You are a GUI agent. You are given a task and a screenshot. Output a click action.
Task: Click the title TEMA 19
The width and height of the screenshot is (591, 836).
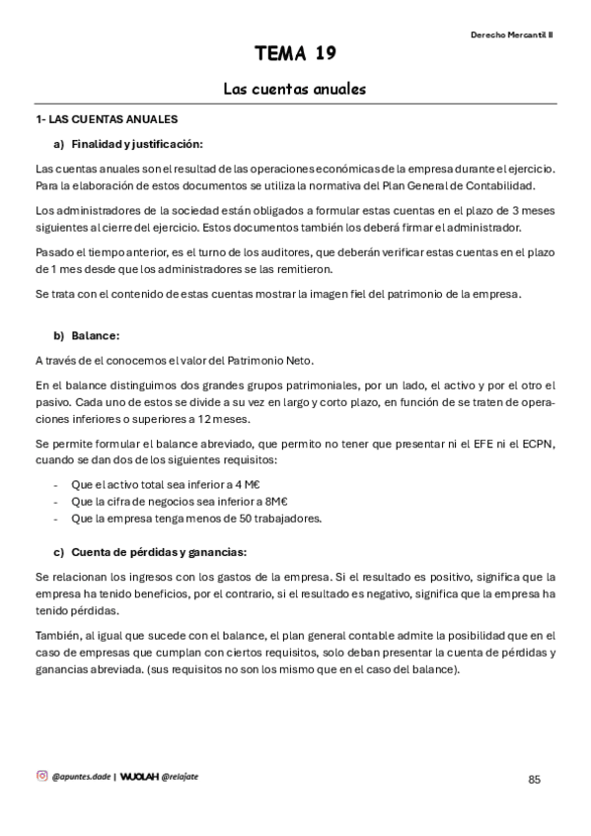pyautogui.click(x=295, y=53)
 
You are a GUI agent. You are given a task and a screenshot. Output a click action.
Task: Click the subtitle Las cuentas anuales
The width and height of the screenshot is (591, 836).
pyautogui.click(x=295, y=89)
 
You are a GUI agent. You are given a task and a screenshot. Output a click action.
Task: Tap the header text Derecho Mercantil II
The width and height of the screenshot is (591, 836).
pyautogui.click(x=511, y=33)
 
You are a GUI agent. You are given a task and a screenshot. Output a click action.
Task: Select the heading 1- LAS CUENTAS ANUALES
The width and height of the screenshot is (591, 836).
pyautogui.click(x=107, y=119)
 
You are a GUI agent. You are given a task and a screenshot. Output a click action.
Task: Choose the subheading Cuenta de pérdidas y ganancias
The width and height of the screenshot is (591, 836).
pyautogui.click(x=158, y=551)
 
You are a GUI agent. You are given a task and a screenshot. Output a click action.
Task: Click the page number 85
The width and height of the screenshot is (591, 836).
pyautogui.click(x=535, y=779)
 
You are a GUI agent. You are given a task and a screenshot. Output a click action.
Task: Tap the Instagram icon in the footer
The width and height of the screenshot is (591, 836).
pyautogui.click(x=41, y=776)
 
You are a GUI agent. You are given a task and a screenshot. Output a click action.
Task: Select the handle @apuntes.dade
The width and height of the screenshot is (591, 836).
pyautogui.click(x=81, y=777)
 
